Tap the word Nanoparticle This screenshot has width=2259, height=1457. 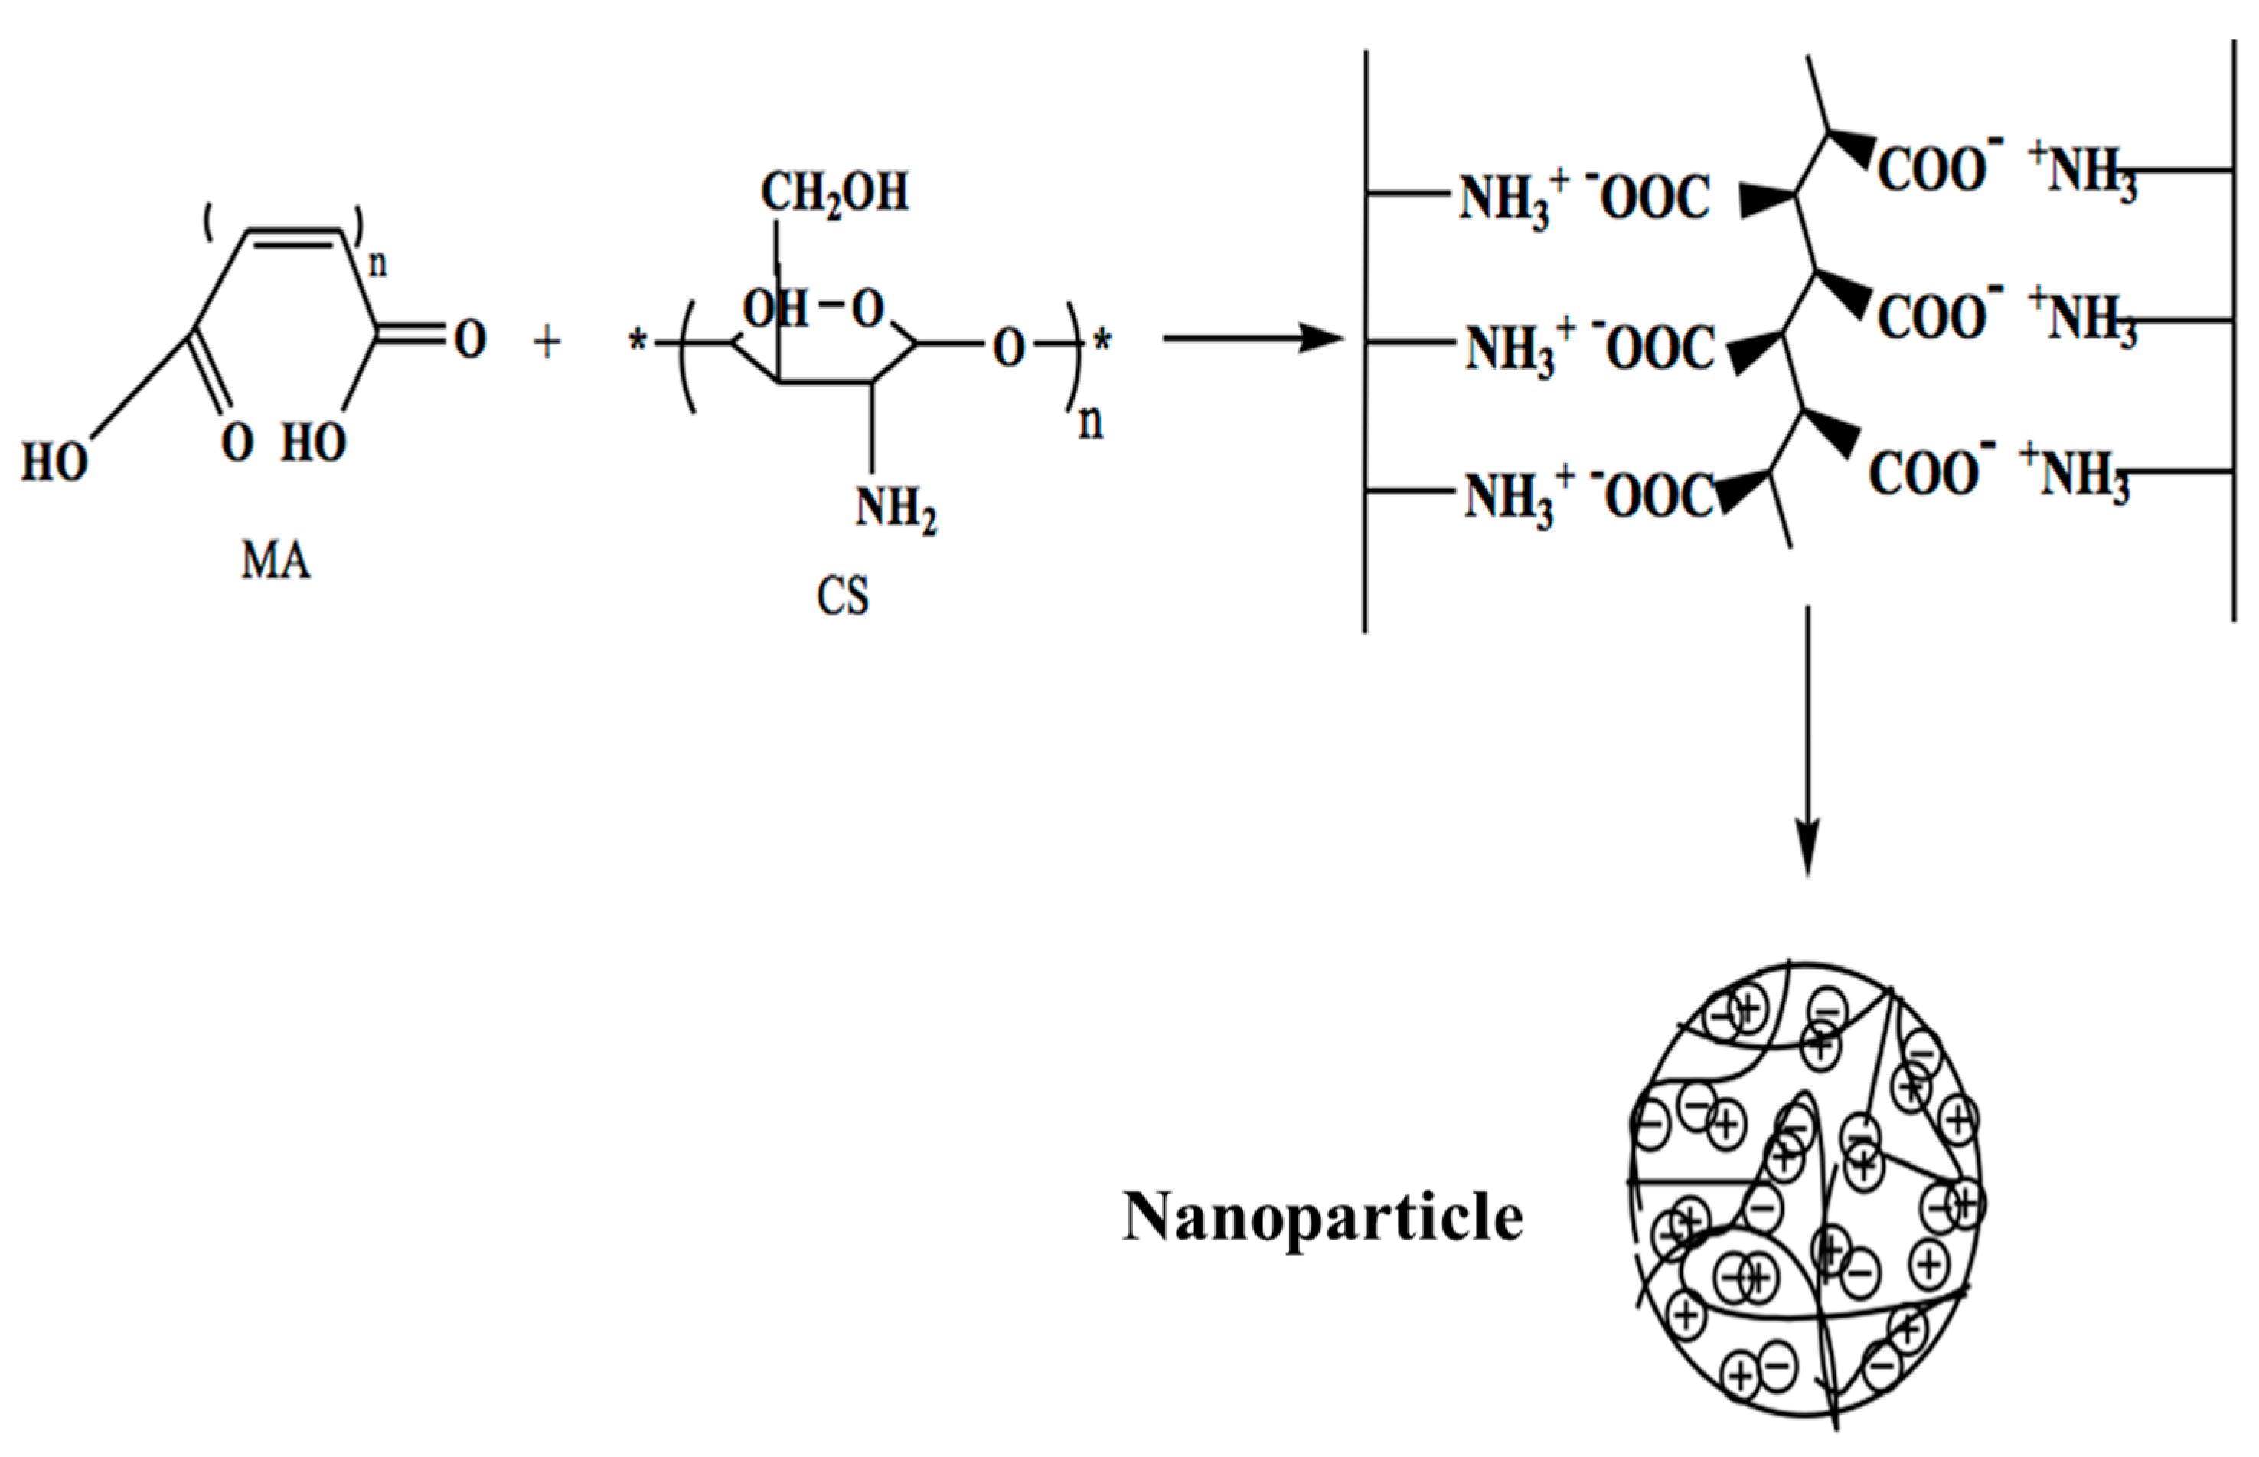pos(1323,1217)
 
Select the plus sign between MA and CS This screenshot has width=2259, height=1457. pos(547,341)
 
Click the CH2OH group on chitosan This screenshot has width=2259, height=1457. pos(834,193)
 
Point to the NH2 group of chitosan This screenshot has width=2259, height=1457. pos(895,508)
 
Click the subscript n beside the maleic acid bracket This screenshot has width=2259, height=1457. pos(377,264)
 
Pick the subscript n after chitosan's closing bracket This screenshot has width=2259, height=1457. pos(1091,421)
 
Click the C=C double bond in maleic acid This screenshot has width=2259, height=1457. pos(293,237)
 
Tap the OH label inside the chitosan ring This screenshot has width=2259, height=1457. pos(775,309)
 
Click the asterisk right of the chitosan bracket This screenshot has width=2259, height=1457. pos(1102,341)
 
